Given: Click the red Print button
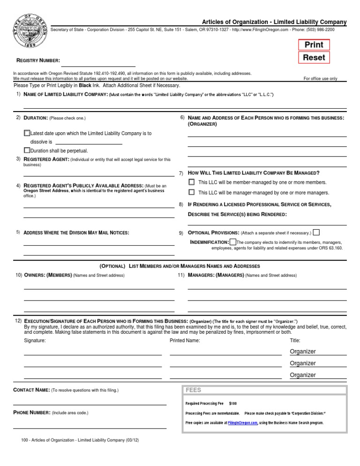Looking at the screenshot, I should click(314, 45).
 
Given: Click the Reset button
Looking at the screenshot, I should click(314, 58).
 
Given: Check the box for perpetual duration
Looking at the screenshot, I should click(27, 150).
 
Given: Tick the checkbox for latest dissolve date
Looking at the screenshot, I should click(27, 133).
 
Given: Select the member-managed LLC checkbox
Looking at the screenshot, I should click(191, 182).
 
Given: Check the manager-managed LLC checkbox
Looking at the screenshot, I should click(191, 192).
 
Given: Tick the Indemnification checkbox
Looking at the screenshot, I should click(233, 241).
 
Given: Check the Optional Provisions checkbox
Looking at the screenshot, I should click(316, 232).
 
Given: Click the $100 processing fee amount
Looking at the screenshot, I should click(233, 403).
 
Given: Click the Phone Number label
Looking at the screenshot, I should click(32, 413).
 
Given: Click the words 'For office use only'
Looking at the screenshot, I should click(321, 79).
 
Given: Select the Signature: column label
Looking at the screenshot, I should click(35, 340).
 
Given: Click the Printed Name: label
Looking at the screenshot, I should click(185, 340).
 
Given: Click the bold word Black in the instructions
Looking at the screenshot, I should click(85, 86).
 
